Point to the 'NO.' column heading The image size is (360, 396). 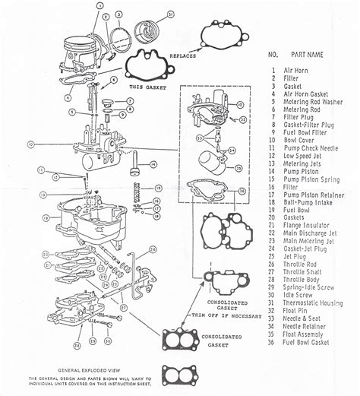coord(274,55)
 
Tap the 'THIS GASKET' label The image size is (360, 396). coord(143,87)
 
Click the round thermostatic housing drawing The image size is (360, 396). coord(146,30)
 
